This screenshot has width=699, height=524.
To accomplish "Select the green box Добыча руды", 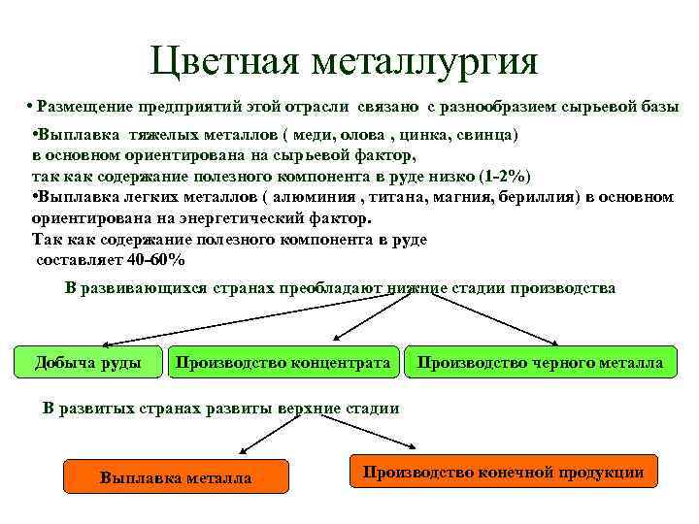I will [x=87, y=363].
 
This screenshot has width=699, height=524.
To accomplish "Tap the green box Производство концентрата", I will [x=284, y=363].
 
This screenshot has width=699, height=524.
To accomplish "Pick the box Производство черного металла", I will [x=541, y=363].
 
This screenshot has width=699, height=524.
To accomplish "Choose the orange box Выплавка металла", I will [x=176, y=477].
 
